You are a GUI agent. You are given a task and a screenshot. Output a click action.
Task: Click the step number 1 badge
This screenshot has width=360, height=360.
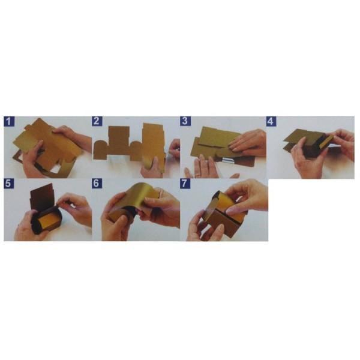pyautogui.click(x=9, y=121)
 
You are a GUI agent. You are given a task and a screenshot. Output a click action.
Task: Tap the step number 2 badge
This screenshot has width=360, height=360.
pyautogui.click(x=97, y=121)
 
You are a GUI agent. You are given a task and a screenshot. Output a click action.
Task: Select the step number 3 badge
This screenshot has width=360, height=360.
pyautogui.click(x=185, y=121)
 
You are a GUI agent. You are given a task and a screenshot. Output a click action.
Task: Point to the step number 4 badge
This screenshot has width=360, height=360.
pyautogui.click(x=271, y=121)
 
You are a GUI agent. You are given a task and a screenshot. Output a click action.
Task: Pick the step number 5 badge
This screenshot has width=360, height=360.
pyautogui.click(x=9, y=184)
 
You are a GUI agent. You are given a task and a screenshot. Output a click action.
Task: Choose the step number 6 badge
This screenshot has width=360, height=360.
pyautogui.click(x=97, y=184)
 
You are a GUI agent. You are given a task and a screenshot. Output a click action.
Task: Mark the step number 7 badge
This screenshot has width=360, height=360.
pyautogui.click(x=185, y=184)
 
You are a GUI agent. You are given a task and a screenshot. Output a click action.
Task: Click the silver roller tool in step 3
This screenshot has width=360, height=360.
pyautogui.click(x=227, y=160)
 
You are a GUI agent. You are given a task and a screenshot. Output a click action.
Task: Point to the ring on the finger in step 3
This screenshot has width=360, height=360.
pyautogui.click(x=197, y=176)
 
